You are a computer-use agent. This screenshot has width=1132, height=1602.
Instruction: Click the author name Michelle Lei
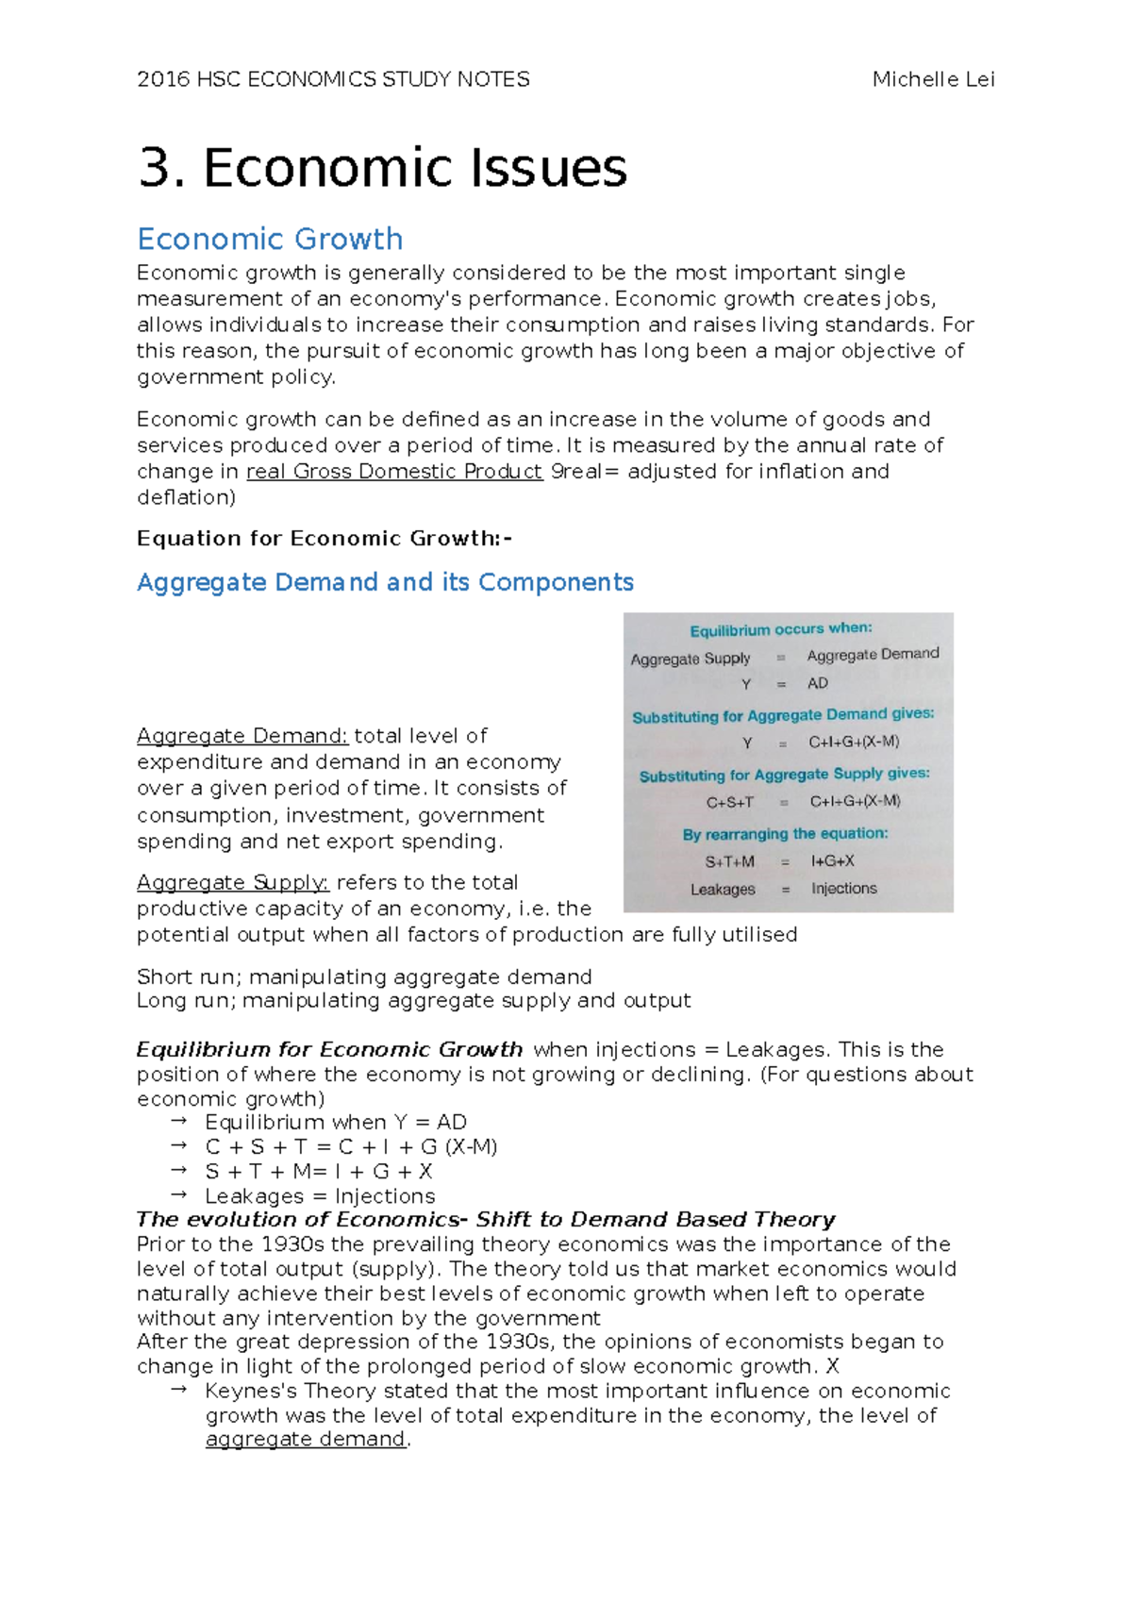pyautogui.click(x=933, y=79)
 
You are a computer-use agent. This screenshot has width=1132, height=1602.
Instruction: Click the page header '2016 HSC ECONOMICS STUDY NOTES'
pyautogui.click(x=333, y=79)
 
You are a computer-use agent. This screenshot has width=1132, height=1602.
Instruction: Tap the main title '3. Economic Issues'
pyautogui.click(x=382, y=168)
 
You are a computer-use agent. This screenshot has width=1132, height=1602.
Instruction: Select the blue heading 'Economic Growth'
pyautogui.click(x=270, y=239)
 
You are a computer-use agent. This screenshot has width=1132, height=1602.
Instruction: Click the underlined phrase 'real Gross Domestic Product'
pyautogui.click(x=393, y=472)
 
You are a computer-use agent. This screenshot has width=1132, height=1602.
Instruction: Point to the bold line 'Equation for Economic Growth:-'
pyautogui.click(x=325, y=539)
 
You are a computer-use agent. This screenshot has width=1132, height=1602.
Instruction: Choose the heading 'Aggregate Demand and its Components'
pyautogui.click(x=385, y=582)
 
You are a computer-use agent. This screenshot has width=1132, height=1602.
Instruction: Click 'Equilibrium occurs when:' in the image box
pyautogui.click(x=780, y=629)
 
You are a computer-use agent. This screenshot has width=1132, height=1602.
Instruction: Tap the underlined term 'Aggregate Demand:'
pyautogui.click(x=242, y=736)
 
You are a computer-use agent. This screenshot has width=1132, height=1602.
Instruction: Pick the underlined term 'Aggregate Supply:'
pyautogui.click(x=232, y=883)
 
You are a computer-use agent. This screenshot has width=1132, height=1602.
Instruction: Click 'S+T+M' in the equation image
pyautogui.click(x=729, y=861)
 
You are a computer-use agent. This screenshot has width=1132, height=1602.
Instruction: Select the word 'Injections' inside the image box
pyautogui.click(x=843, y=889)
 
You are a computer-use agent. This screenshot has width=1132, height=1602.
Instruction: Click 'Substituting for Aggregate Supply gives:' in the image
pyautogui.click(x=784, y=775)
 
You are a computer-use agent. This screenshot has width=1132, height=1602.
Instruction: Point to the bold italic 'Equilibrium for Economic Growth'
pyautogui.click(x=329, y=1050)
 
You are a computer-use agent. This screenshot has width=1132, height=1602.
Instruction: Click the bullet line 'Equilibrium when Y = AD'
pyautogui.click(x=335, y=1123)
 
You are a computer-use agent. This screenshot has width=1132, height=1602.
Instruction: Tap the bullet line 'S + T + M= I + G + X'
pyautogui.click(x=318, y=1172)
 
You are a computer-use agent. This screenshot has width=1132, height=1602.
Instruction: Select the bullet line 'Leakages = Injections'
pyautogui.click(x=319, y=1196)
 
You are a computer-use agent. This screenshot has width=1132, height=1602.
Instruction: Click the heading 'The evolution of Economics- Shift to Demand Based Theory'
pyautogui.click(x=486, y=1220)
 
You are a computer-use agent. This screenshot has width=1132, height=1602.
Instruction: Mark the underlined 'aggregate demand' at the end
pyautogui.click(x=306, y=1440)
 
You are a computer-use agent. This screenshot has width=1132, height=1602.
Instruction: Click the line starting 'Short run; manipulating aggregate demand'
pyautogui.click(x=364, y=977)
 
